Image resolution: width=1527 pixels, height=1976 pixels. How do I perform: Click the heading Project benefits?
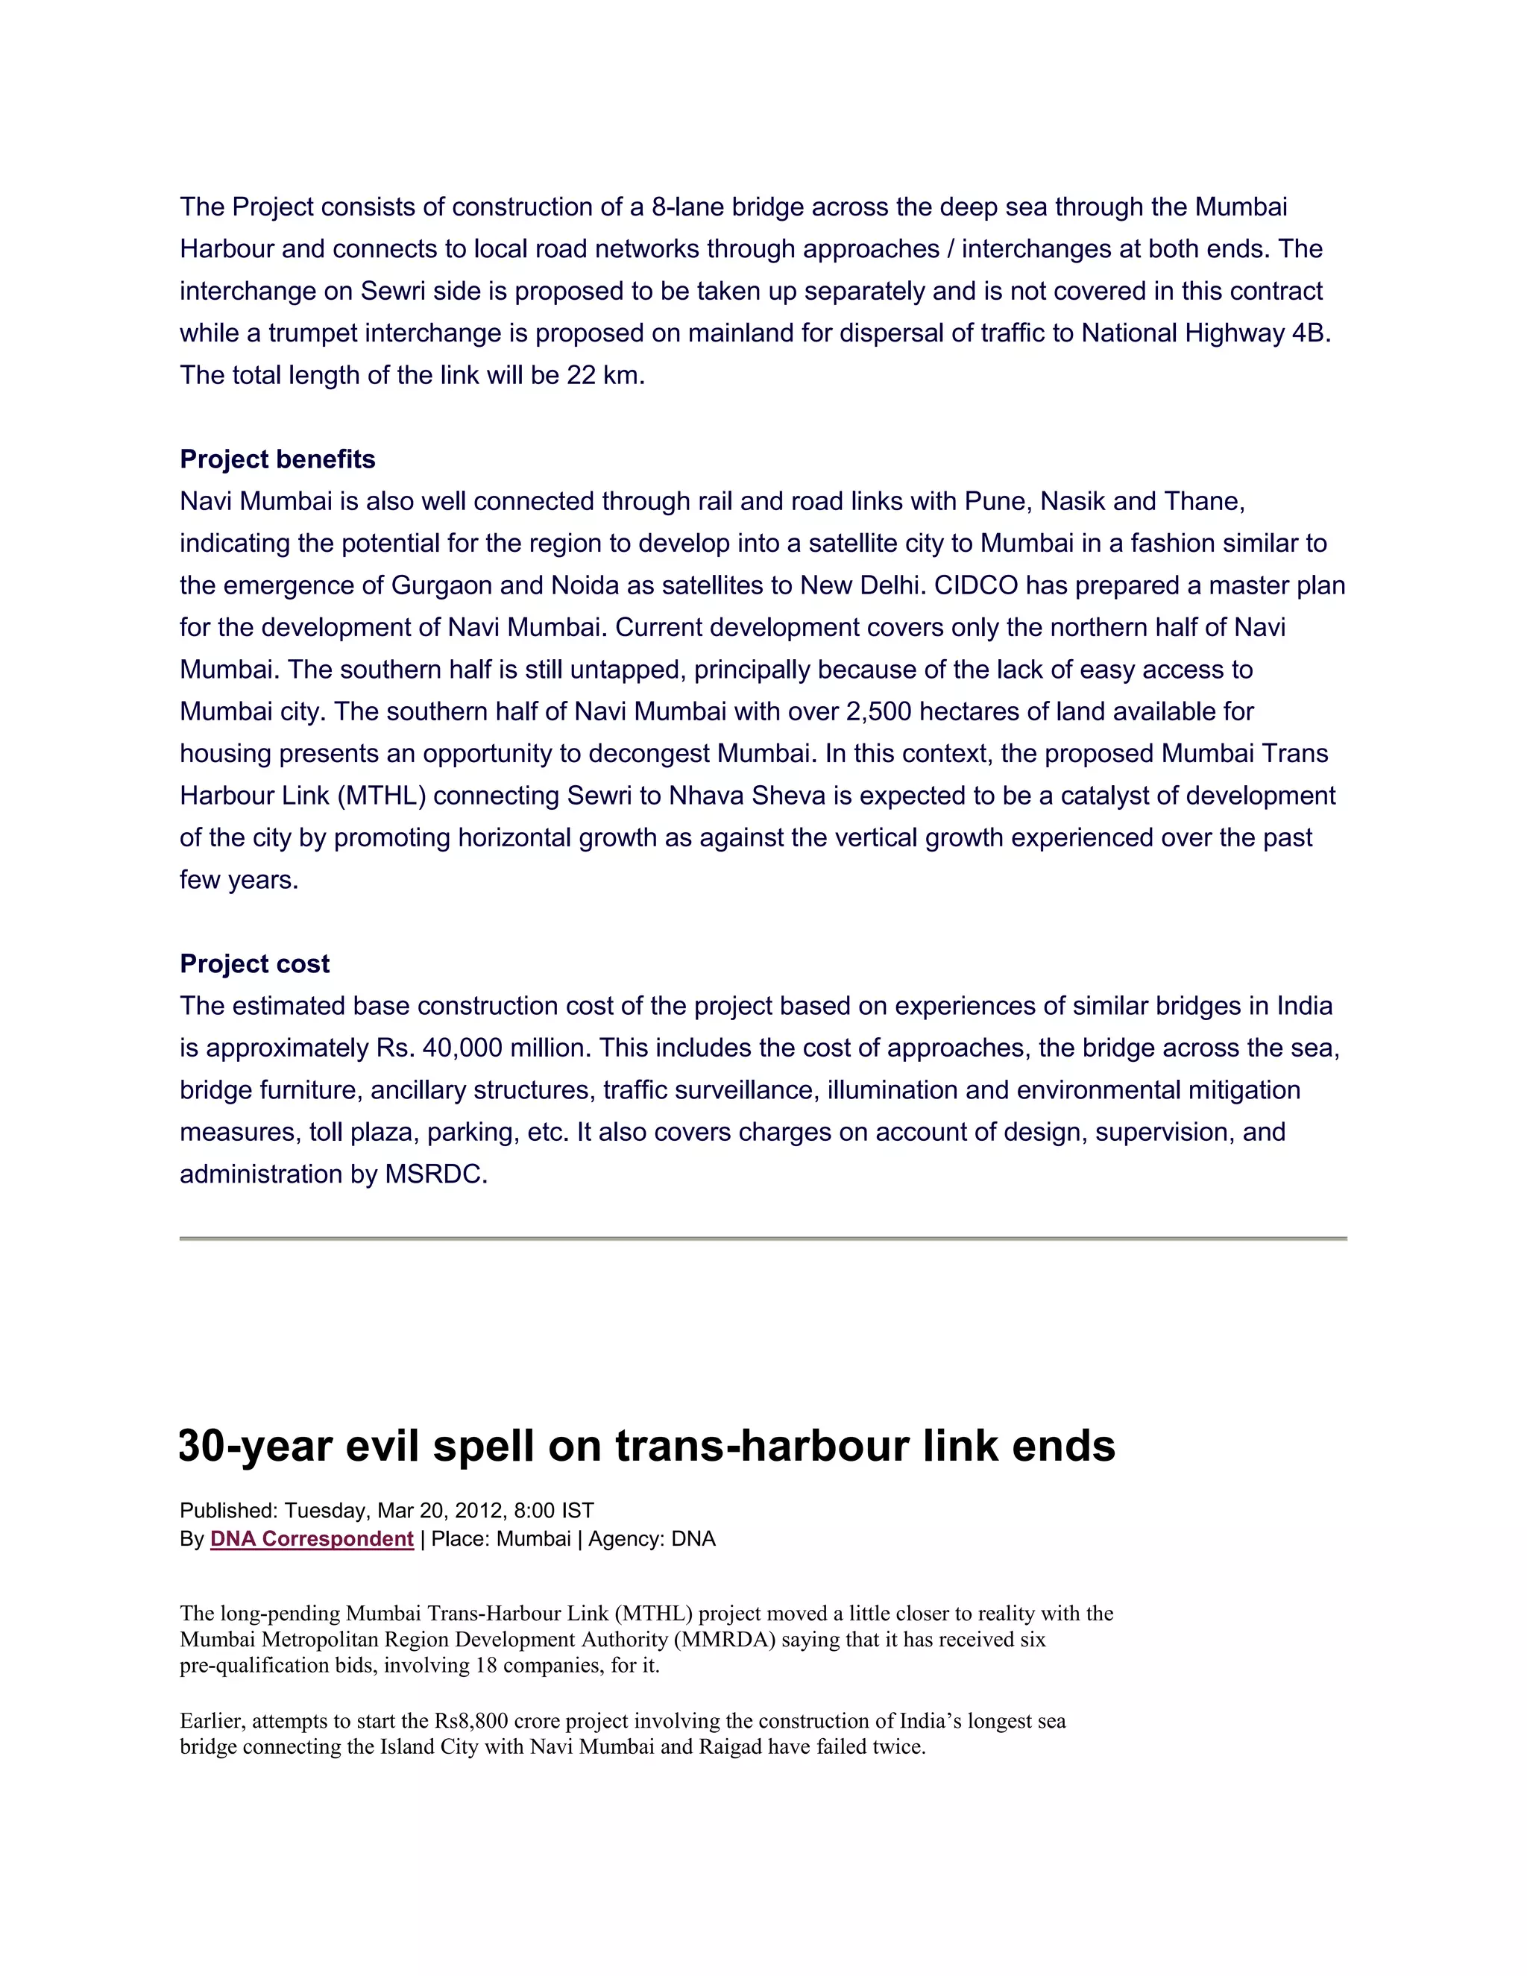tap(277, 459)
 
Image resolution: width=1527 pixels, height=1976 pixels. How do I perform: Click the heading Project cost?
tap(254, 963)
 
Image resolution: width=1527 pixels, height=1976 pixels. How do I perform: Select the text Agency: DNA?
tap(652, 1539)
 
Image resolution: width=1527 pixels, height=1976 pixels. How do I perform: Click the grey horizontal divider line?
tap(763, 1238)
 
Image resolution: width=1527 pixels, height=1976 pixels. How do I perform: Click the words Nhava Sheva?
tap(747, 796)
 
